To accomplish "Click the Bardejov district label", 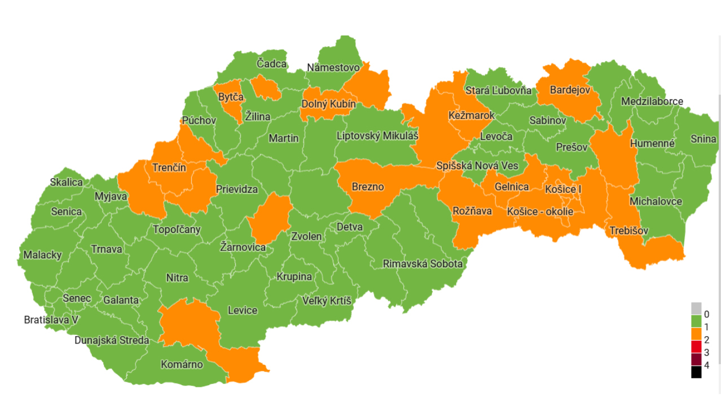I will point(570,90).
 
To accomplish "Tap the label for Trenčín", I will point(169,167).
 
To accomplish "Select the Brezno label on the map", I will point(368,187).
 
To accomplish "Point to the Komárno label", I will point(182,364).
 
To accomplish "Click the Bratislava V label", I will point(51,320).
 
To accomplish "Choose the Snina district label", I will point(703,139).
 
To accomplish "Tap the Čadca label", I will point(271,64).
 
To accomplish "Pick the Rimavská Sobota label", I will point(422,263).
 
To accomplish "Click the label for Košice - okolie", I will point(540,211).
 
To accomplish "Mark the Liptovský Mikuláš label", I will point(377,136).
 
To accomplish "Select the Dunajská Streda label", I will point(112,340).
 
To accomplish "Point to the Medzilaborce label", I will point(651,101).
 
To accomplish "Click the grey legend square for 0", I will point(696,308).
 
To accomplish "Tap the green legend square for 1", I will point(696,321).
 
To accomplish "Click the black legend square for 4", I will point(696,372).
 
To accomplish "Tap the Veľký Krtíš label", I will point(327,301).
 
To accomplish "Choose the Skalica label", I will point(66,182).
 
